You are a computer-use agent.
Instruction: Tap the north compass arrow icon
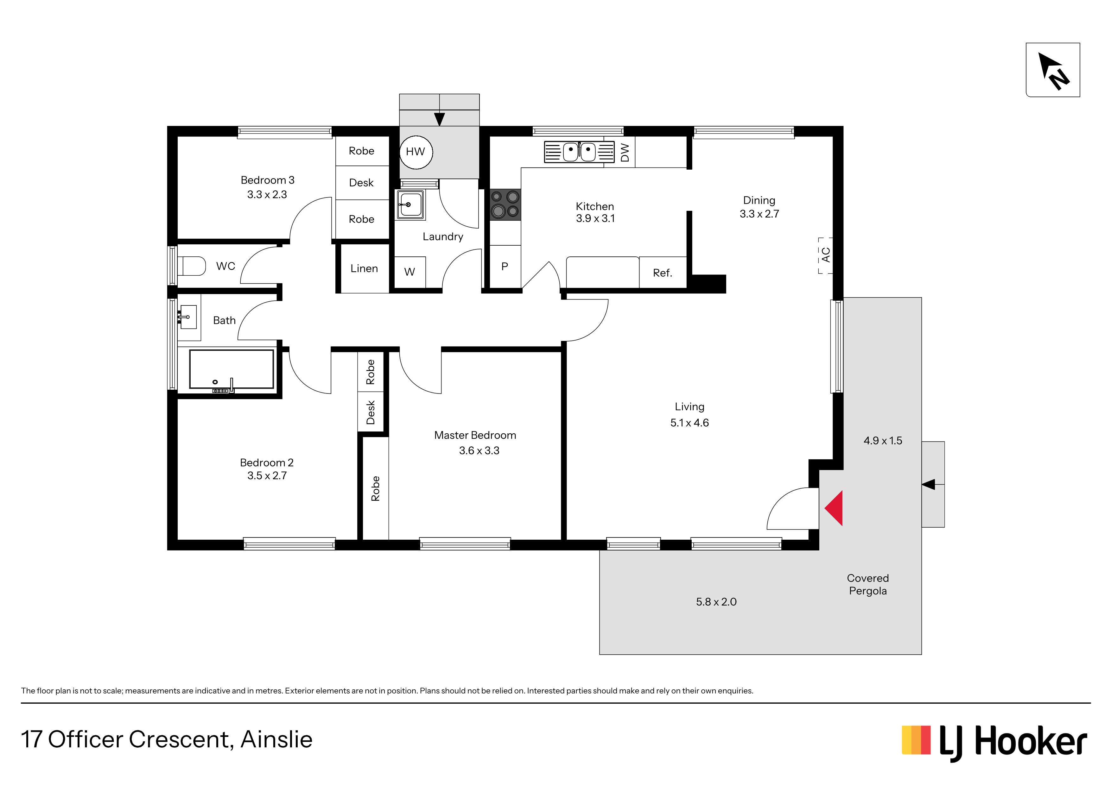[1053, 71]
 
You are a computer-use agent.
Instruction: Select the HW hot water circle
[416, 152]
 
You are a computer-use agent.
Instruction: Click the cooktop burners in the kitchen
[505, 204]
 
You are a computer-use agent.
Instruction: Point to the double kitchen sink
[579, 152]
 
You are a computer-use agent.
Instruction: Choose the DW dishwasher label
[625, 152]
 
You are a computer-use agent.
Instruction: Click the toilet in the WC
[192, 266]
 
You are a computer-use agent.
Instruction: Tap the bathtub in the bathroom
[231, 369]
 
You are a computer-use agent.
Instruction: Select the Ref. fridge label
[663, 273]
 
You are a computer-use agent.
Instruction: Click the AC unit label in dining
[826, 255]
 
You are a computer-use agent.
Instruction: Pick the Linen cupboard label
[364, 268]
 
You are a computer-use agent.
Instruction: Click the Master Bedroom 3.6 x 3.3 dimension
[479, 450]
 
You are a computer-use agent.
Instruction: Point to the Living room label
[689, 407]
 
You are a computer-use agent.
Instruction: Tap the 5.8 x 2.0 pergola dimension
[716, 602]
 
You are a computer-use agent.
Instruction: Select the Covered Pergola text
[867, 584]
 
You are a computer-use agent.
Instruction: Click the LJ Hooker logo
[995, 743]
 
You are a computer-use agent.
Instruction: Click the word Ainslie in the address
[277, 739]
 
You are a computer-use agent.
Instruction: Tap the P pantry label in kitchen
[505, 267]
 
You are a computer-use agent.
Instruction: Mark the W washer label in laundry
[409, 272]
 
